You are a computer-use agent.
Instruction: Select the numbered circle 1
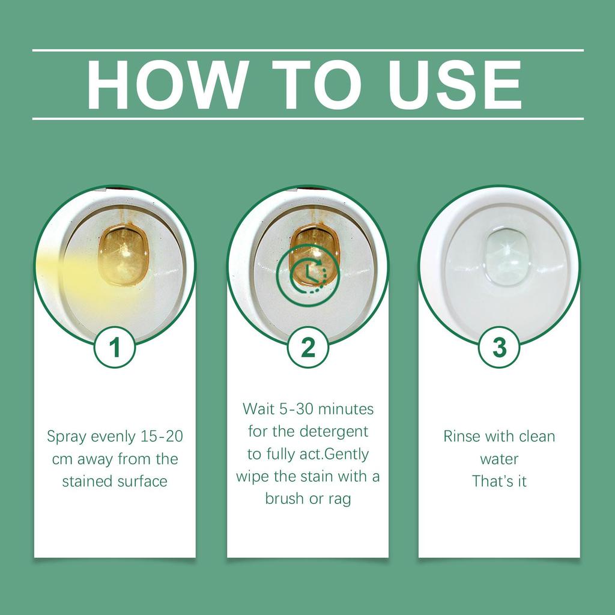(115, 347)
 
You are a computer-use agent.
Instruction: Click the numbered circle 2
(307, 347)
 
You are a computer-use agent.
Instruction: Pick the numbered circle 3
(499, 347)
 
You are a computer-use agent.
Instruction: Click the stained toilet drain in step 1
(123, 254)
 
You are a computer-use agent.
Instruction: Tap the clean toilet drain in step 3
(505, 256)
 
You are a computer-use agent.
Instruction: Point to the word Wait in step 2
(256, 409)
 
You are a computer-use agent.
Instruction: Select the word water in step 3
(499, 459)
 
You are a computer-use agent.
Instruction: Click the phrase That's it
(499, 481)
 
